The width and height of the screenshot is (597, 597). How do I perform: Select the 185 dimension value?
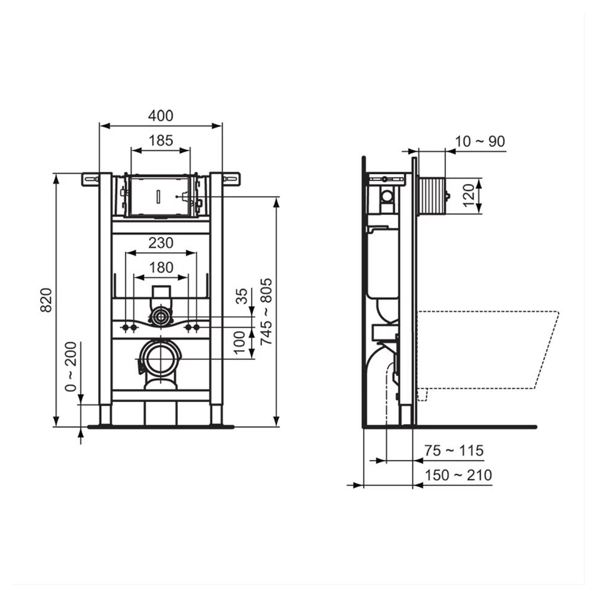[161, 140]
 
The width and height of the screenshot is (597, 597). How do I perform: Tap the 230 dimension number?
[161, 242]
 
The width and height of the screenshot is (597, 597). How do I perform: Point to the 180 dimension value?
[161, 267]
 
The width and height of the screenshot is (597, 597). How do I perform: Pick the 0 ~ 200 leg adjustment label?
[71, 366]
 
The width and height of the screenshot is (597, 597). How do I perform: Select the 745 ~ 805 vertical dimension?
[266, 312]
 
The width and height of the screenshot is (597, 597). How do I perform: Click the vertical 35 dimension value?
[242, 297]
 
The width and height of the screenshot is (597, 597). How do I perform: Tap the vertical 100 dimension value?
[241, 342]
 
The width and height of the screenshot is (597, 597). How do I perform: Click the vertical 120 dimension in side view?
[468, 196]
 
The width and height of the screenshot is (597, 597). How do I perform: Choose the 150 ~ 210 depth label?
[458, 475]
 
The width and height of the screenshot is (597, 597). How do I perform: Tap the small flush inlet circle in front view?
[161, 316]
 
